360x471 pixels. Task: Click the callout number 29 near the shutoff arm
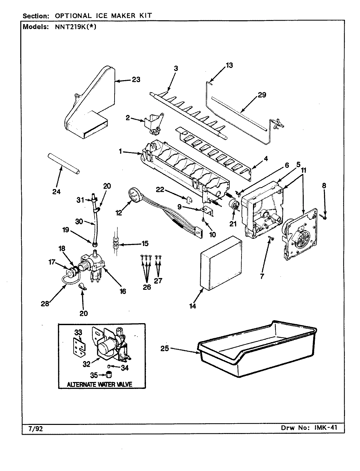click(x=261, y=95)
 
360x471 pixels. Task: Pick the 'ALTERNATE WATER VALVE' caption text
click(x=99, y=384)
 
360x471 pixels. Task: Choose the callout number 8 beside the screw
click(x=324, y=186)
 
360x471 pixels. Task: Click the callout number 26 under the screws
click(x=147, y=287)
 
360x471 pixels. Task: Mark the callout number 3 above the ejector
click(x=176, y=68)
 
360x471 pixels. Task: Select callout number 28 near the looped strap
click(x=45, y=304)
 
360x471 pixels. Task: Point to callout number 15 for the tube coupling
click(x=144, y=243)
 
